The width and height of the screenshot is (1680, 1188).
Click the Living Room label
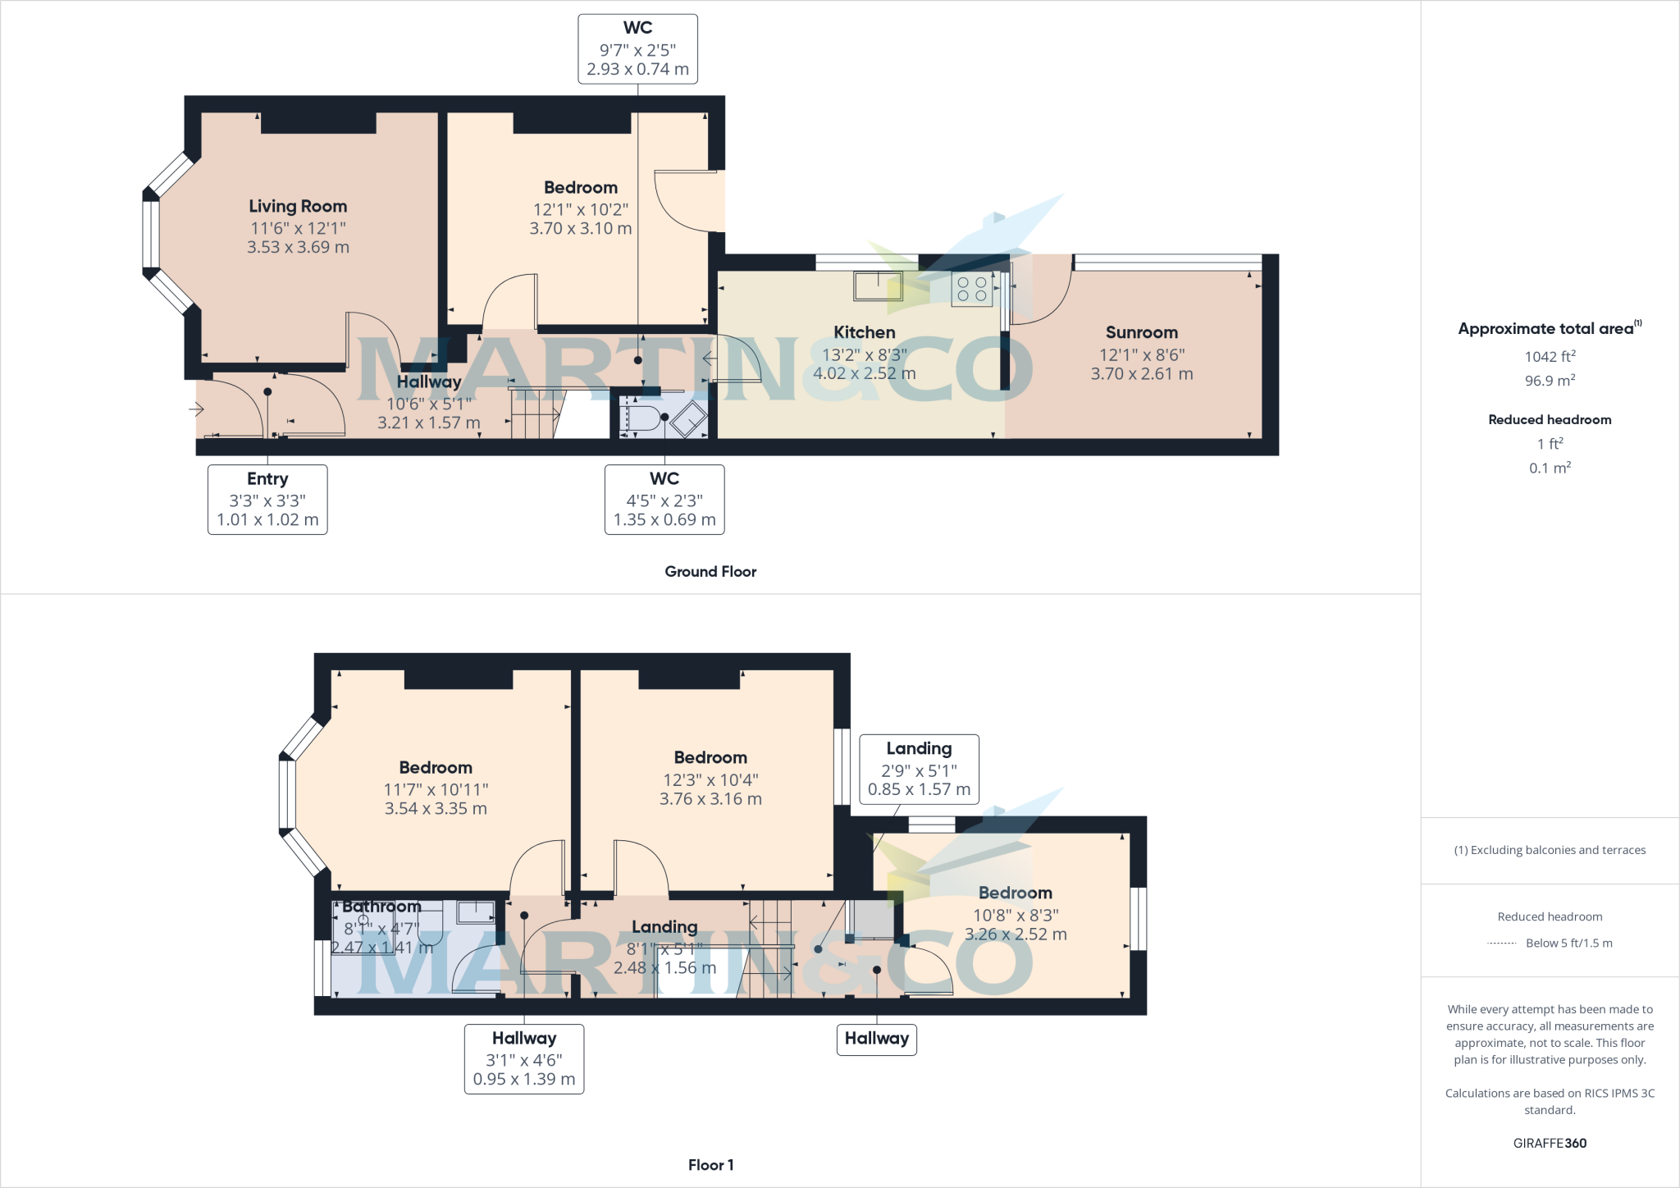click(x=298, y=207)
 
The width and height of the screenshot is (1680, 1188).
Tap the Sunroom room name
click(x=1141, y=332)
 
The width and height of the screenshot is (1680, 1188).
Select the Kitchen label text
click(x=864, y=332)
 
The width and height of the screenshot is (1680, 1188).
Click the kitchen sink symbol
click(x=878, y=286)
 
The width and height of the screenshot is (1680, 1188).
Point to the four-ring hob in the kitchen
click(x=972, y=290)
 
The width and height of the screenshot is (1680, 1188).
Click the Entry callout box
click(x=267, y=499)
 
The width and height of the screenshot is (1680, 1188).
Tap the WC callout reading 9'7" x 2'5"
click(x=637, y=49)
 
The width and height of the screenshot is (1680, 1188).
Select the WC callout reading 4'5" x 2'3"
click(x=664, y=499)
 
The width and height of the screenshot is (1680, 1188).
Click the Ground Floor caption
click(x=710, y=572)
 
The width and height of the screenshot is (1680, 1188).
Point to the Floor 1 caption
click(x=710, y=1165)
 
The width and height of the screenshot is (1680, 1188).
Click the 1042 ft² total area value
click(x=1550, y=357)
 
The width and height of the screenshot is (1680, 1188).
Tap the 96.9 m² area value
click(x=1550, y=382)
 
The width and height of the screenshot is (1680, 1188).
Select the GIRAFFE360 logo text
click(x=1550, y=1143)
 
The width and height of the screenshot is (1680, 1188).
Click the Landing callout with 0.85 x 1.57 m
click(x=919, y=769)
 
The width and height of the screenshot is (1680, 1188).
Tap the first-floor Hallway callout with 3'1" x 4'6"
click(x=524, y=1058)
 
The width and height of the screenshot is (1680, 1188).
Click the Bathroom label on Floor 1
click(x=381, y=907)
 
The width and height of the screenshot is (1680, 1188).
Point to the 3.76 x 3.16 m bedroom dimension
click(x=710, y=799)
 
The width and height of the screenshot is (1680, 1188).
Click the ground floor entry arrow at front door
click(x=196, y=409)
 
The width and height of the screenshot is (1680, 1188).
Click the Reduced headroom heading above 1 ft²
click(x=1550, y=420)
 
